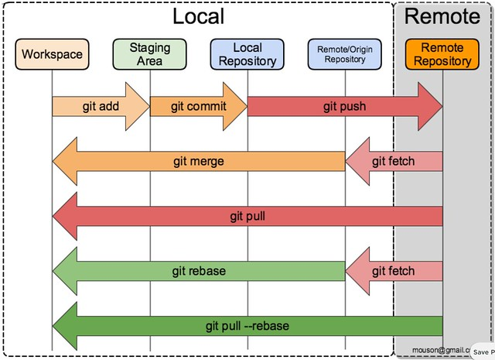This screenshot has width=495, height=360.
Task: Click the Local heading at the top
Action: point(198,16)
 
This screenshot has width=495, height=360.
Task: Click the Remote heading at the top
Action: point(442,16)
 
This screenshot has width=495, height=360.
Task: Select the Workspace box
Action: point(52,55)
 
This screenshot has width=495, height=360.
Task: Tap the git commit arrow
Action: point(198,106)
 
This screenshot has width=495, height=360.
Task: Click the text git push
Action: point(344,106)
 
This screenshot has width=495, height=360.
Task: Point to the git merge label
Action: point(199,161)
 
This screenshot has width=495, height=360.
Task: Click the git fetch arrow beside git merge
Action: point(393,161)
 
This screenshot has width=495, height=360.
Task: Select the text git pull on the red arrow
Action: point(247,216)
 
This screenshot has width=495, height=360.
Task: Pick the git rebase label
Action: point(198,271)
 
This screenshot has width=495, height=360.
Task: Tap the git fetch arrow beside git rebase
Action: point(393,271)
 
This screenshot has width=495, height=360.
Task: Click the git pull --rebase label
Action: point(247,326)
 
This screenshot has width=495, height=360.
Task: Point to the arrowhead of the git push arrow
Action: point(428,106)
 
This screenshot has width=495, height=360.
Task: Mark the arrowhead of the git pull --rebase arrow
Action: point(65,326)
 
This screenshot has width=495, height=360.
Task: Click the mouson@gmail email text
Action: point(440,349)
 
